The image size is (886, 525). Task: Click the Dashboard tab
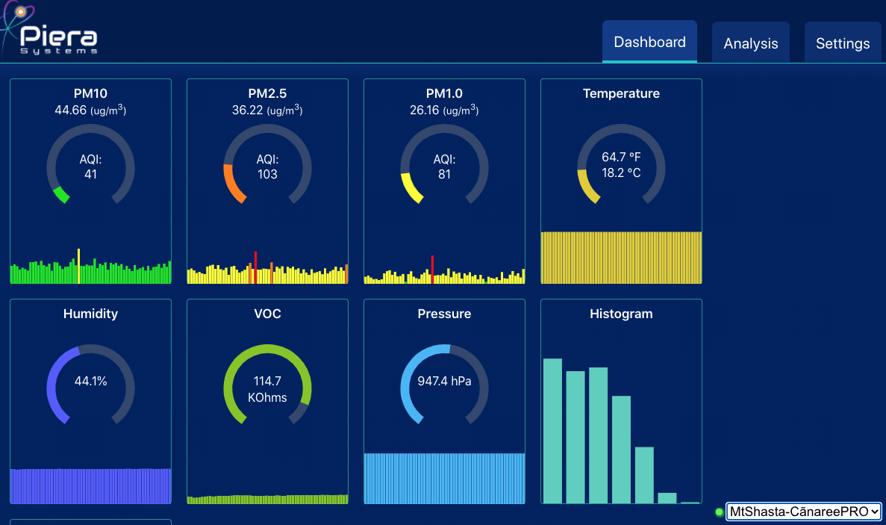click(649, 42)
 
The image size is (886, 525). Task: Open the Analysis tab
click(750, 43)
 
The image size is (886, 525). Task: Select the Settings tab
click(842, 43)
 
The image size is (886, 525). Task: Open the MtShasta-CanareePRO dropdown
click(803, 512)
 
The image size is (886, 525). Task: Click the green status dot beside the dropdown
click(719, 512)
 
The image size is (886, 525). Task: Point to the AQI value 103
click(267, 174)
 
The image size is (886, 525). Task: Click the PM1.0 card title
click(444, 93)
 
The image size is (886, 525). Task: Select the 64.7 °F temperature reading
click(621, 158)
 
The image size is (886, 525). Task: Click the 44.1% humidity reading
click(90, 381)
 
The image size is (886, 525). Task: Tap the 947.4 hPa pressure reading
click(444, 381)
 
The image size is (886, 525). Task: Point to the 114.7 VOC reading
click(267, 381)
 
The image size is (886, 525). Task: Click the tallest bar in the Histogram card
click(552, 431)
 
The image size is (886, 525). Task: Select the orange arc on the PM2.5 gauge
click(233, 184)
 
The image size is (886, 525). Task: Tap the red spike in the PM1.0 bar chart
click(432, 269)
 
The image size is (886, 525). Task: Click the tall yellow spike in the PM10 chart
click(78, 266)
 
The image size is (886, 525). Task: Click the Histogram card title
click(621, 314)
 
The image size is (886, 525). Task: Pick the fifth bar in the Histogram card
click(644, 475)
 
